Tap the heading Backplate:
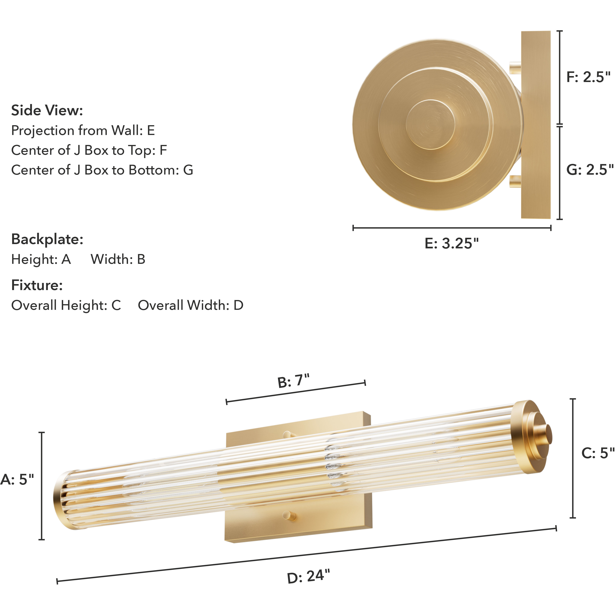click(47, 239)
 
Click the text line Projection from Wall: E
click(83, 131)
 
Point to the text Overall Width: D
click(190, 305)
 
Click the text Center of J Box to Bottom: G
click(102, 170)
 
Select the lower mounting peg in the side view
click(515, 181)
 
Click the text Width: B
click(118, 260)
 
